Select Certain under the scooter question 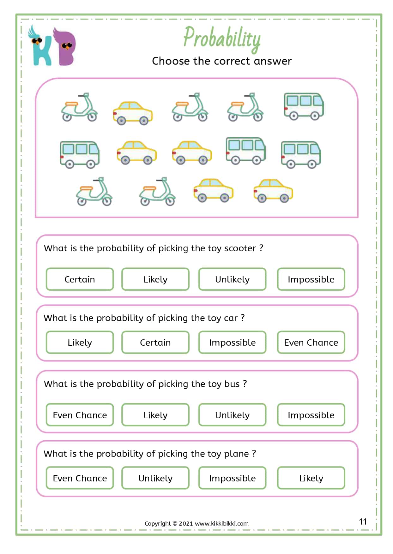(80, 279)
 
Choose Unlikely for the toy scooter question (232, 279)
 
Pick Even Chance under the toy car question (311, 342)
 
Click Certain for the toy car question (155, 342)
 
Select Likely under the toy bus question (155, 415)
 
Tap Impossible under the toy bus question (311, 415)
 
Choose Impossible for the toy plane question (232, 478)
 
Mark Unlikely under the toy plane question (155, 478)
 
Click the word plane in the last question (236, 454)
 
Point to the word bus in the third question (232, 384)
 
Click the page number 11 (363, 521)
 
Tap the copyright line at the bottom (196, 523)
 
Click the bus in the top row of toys (303, 106)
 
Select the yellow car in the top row (133, 113)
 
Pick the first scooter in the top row (79, 108)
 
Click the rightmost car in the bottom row (273, 190)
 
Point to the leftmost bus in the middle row (80, 154)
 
